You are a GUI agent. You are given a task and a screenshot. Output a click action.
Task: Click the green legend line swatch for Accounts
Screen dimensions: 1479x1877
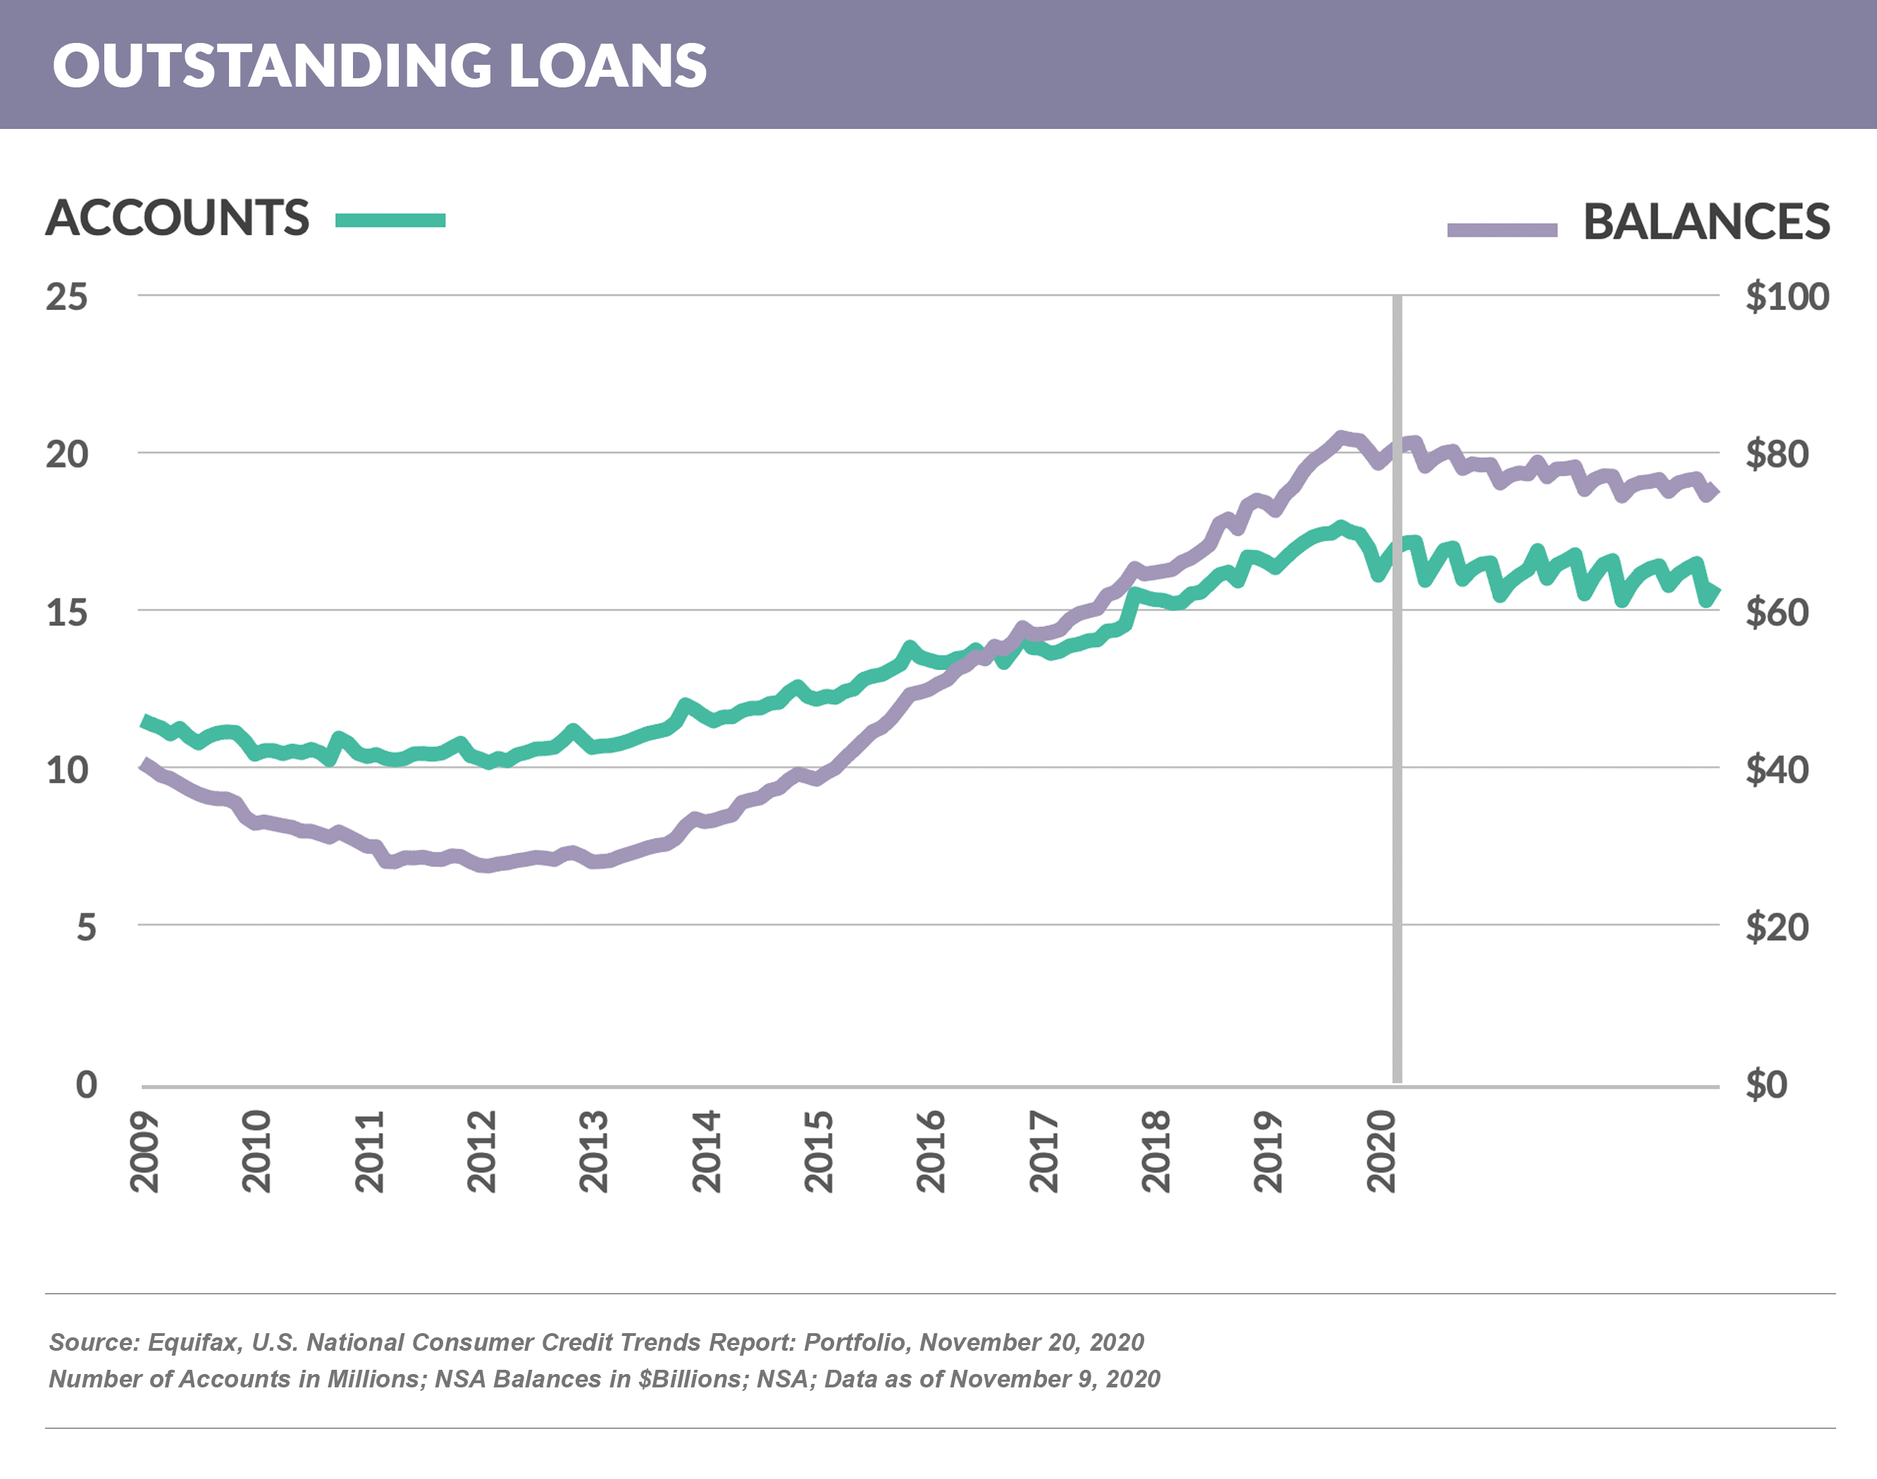[390, 220]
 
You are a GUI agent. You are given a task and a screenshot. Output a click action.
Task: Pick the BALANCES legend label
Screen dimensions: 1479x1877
[1706, 222]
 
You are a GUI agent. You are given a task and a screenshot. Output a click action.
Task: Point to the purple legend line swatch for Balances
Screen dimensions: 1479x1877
[1502, 230]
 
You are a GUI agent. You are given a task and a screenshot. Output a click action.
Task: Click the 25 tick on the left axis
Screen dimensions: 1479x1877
[67, 297]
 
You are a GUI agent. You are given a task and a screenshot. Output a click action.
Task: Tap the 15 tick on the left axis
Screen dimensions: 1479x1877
[67, 613]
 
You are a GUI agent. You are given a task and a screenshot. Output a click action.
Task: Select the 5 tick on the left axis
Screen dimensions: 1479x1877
[86, 927]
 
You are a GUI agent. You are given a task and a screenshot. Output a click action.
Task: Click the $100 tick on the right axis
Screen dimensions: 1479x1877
[1786, 297]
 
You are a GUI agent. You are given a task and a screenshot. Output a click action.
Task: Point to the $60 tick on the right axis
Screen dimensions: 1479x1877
[1776, 613]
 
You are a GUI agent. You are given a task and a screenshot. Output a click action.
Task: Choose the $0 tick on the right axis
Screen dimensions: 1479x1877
[1766, 1085]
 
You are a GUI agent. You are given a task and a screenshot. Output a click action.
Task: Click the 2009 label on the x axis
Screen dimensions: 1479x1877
[144, 1151]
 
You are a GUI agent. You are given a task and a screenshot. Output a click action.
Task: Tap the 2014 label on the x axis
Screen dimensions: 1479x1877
[707, 1151]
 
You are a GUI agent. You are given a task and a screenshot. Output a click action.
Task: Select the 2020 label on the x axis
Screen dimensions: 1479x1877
[1382, 1151]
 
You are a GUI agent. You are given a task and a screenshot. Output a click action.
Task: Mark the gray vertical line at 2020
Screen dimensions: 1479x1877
[1396, 779]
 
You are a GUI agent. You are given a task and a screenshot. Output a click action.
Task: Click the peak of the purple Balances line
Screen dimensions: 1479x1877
[1341, 438]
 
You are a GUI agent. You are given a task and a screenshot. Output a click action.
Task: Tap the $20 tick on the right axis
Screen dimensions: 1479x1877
[1776, 927]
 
